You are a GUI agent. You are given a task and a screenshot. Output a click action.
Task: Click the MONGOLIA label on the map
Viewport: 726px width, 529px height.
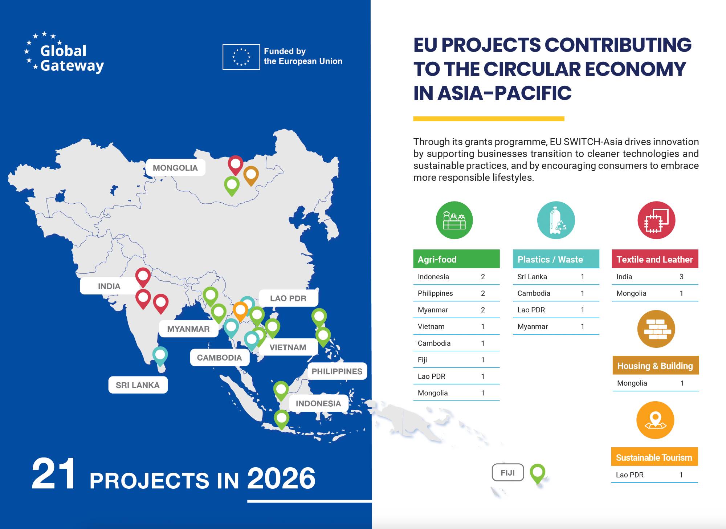click(175, 168)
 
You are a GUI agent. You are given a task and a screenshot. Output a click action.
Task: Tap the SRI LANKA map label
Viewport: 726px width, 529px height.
click(138, 385)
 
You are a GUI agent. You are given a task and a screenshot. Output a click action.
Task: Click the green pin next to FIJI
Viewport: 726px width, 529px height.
click(537, 472)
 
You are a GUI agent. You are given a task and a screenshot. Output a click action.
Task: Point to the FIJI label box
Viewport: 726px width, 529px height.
click(507, 472)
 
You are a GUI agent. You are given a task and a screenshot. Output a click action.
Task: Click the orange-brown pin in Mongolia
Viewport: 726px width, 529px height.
click(251, 174)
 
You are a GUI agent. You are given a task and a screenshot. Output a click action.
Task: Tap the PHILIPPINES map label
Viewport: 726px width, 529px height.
click(337, 371)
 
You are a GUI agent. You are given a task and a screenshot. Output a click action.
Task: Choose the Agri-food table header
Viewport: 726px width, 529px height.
click(456, 259)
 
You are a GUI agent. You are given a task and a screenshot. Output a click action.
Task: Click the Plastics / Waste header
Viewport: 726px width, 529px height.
click(556, 259)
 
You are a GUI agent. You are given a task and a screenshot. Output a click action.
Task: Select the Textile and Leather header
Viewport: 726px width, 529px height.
click(655, 259)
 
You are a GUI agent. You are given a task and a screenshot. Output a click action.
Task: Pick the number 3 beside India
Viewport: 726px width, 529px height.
click(681, 277)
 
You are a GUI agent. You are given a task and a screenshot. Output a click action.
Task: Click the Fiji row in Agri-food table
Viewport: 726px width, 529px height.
click(456, 360)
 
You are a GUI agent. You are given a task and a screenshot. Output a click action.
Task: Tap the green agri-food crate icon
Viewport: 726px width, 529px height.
click(454, 220)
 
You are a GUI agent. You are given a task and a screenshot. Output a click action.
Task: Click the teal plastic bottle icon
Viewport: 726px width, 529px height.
click(556, 220)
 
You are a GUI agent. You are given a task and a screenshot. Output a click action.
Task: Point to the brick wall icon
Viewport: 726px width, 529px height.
click(656, 329)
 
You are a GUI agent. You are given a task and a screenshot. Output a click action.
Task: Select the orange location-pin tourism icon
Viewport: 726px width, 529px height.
click(655, 420)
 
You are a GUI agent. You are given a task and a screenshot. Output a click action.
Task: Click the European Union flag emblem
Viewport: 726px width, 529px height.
click(241, 57)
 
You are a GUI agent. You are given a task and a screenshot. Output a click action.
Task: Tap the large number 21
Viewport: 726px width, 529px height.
click(54, 473)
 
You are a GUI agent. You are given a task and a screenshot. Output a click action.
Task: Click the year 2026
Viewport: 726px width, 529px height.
click(281, 478)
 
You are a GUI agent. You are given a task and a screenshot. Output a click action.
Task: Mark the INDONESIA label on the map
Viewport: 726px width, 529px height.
click(318, 403)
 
